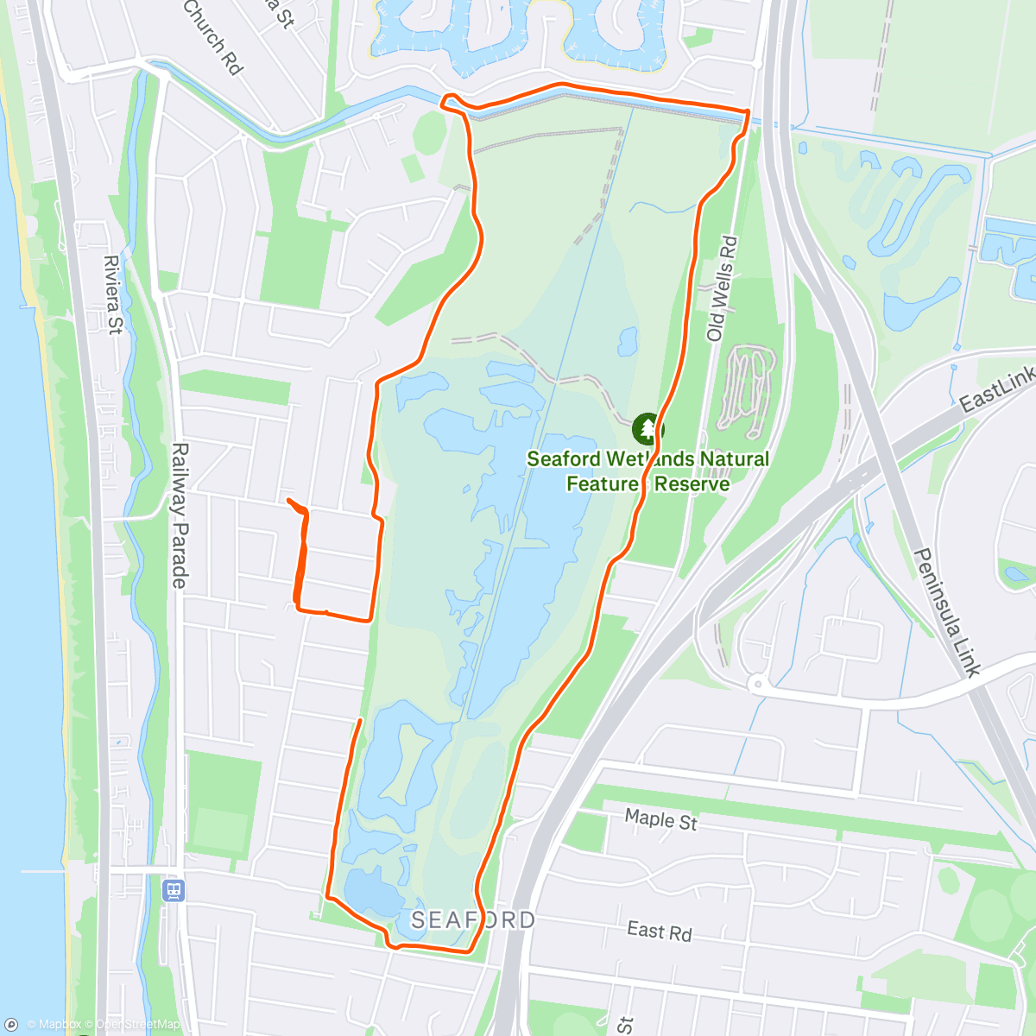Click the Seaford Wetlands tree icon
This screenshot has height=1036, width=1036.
(646, 428)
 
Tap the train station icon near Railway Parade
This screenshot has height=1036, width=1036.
(174, 890)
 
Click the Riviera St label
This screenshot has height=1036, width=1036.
(113, 294)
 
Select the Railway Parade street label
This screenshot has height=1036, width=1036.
(179, 515)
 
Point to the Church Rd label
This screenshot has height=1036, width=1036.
(213, 36)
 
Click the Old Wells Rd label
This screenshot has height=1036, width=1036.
(722, 288)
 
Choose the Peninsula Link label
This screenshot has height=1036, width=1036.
(947, 612)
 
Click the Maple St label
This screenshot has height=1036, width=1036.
(660, 818)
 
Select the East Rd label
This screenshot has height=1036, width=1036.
(660, 932)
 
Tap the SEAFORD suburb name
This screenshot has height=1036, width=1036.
(472, 920)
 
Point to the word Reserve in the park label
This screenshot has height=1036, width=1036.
(692, 484)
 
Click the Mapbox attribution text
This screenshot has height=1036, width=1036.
(54, 1025)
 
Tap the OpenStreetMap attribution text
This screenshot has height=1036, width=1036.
(138, 1025)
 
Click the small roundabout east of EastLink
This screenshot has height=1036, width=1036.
(757, 685)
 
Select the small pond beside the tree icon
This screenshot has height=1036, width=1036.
(628, 341)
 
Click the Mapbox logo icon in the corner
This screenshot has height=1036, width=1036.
(12, 1025)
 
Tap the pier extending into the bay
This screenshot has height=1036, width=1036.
(43, 870)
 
